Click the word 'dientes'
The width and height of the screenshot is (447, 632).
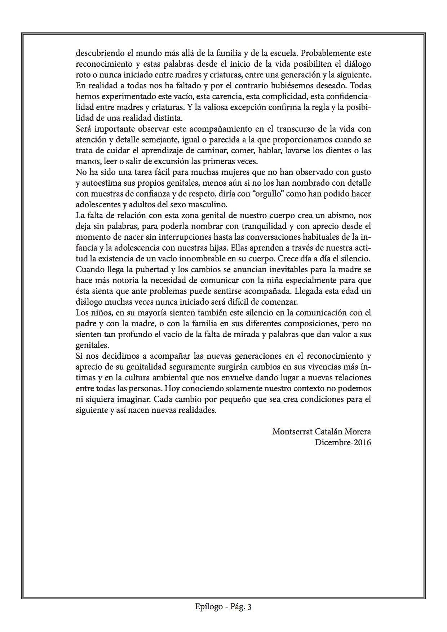tap(334, 150)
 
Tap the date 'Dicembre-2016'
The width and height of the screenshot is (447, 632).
tap(343, 442)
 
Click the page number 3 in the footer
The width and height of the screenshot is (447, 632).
tap(249, 607)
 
